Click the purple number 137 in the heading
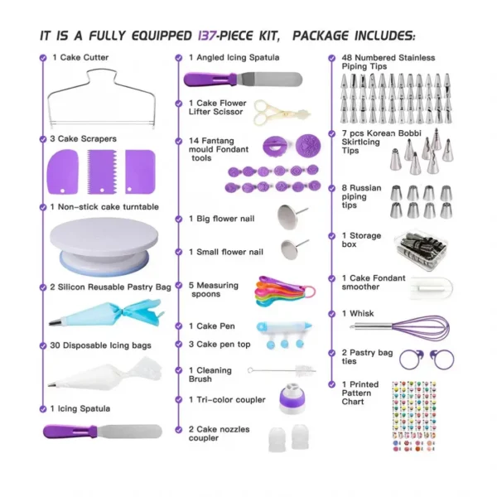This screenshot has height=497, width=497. coord(207,36)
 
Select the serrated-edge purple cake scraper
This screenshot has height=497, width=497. coord(102,171)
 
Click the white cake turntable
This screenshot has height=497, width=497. coord(104,246)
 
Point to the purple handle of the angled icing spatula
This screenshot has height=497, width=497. coord(210,80)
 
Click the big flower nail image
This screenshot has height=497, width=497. coord(291,216)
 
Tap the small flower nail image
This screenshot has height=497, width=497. coord(293,248)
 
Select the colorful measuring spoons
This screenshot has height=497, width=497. coord(284,292)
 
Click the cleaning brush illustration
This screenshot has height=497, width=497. coord(282,370)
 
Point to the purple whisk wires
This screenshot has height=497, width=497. coord(422,326)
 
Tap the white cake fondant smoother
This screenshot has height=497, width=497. coord(431,288)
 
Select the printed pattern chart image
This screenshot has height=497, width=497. coord(414,416)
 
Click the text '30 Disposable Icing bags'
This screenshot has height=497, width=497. coord(100,345)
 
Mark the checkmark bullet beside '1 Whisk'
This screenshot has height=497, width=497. coord(331,314)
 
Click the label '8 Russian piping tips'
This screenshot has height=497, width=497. coord(361,196)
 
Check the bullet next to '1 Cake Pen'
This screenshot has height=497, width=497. coord(179,326)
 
